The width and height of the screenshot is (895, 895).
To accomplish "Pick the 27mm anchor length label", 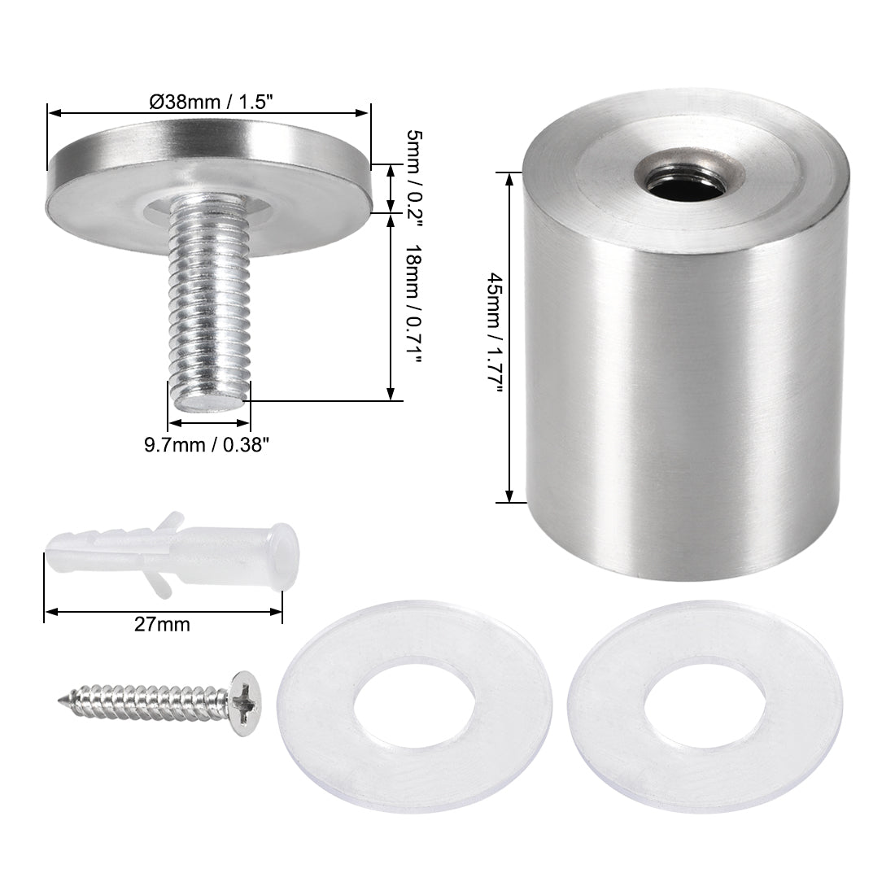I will [163, 625].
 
